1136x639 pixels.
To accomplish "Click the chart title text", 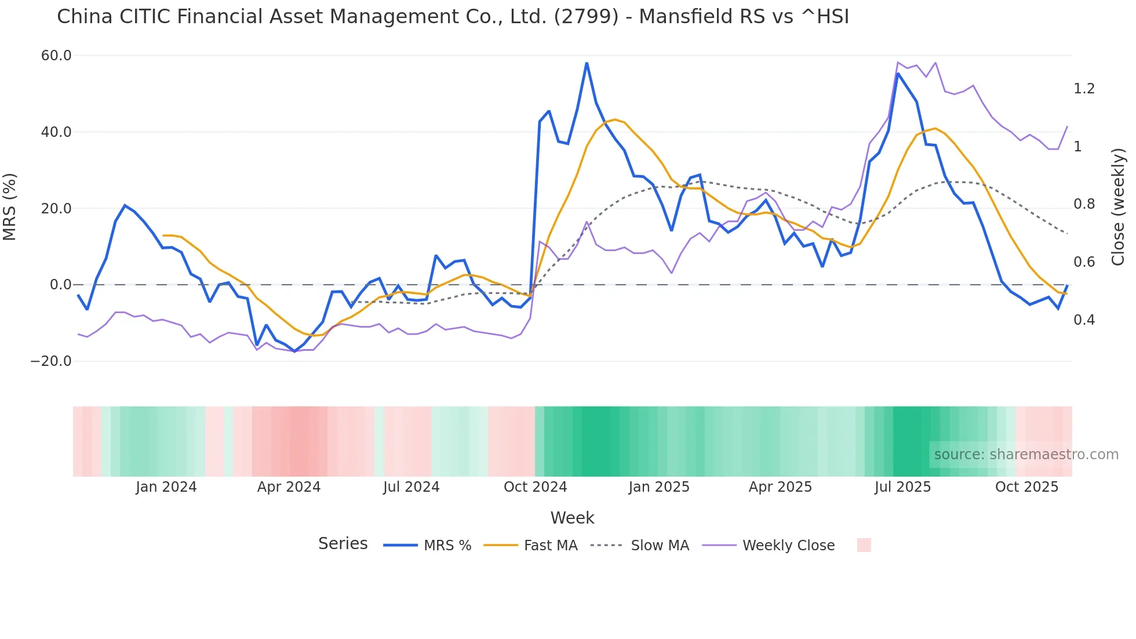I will (453, 17).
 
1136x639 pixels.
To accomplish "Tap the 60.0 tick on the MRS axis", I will (56, 56).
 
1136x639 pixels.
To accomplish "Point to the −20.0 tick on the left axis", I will (51, 361).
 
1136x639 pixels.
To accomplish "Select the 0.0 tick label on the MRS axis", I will (61, 285).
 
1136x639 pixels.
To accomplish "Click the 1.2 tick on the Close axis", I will (1084, 89).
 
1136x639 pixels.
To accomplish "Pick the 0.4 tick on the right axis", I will (1084, 320).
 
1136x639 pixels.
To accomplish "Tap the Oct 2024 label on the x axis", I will (535, 487).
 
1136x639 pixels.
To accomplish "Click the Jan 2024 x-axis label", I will (166, 487).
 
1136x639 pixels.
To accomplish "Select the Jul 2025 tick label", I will (902, 487).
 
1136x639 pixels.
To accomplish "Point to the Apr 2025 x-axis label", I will (780, 487).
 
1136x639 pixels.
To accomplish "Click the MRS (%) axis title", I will (10, 207).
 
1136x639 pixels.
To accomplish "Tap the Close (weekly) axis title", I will (1118, 207).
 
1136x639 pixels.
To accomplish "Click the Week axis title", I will (572, 518).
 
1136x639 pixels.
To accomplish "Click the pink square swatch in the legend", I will (864, 545).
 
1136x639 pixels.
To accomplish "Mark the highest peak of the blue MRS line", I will (587, 63).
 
